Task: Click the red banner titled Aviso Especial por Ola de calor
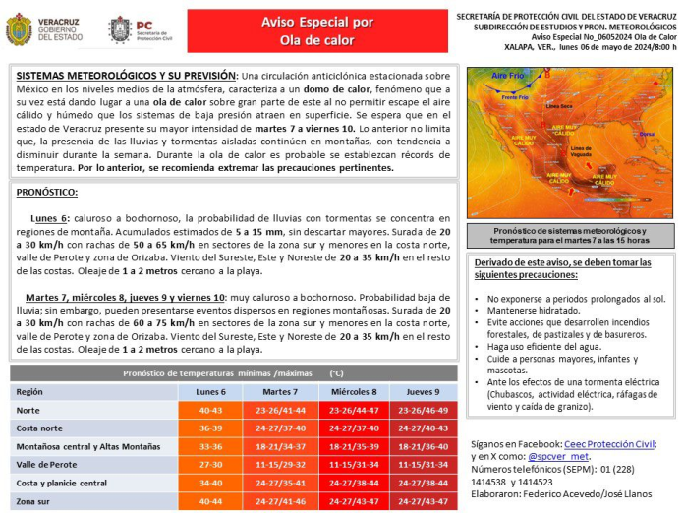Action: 303,30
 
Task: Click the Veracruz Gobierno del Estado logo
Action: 43,29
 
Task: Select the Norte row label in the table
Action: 29,410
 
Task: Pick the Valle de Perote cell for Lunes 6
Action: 210,465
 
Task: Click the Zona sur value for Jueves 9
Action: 423,501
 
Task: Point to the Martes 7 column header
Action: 283,391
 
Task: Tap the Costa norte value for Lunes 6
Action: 210,428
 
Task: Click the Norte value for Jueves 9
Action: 423,410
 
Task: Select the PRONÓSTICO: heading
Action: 47,193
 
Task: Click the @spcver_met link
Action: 557,456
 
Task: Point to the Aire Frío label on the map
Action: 508,76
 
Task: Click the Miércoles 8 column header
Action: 353,391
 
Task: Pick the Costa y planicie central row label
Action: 62,483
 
